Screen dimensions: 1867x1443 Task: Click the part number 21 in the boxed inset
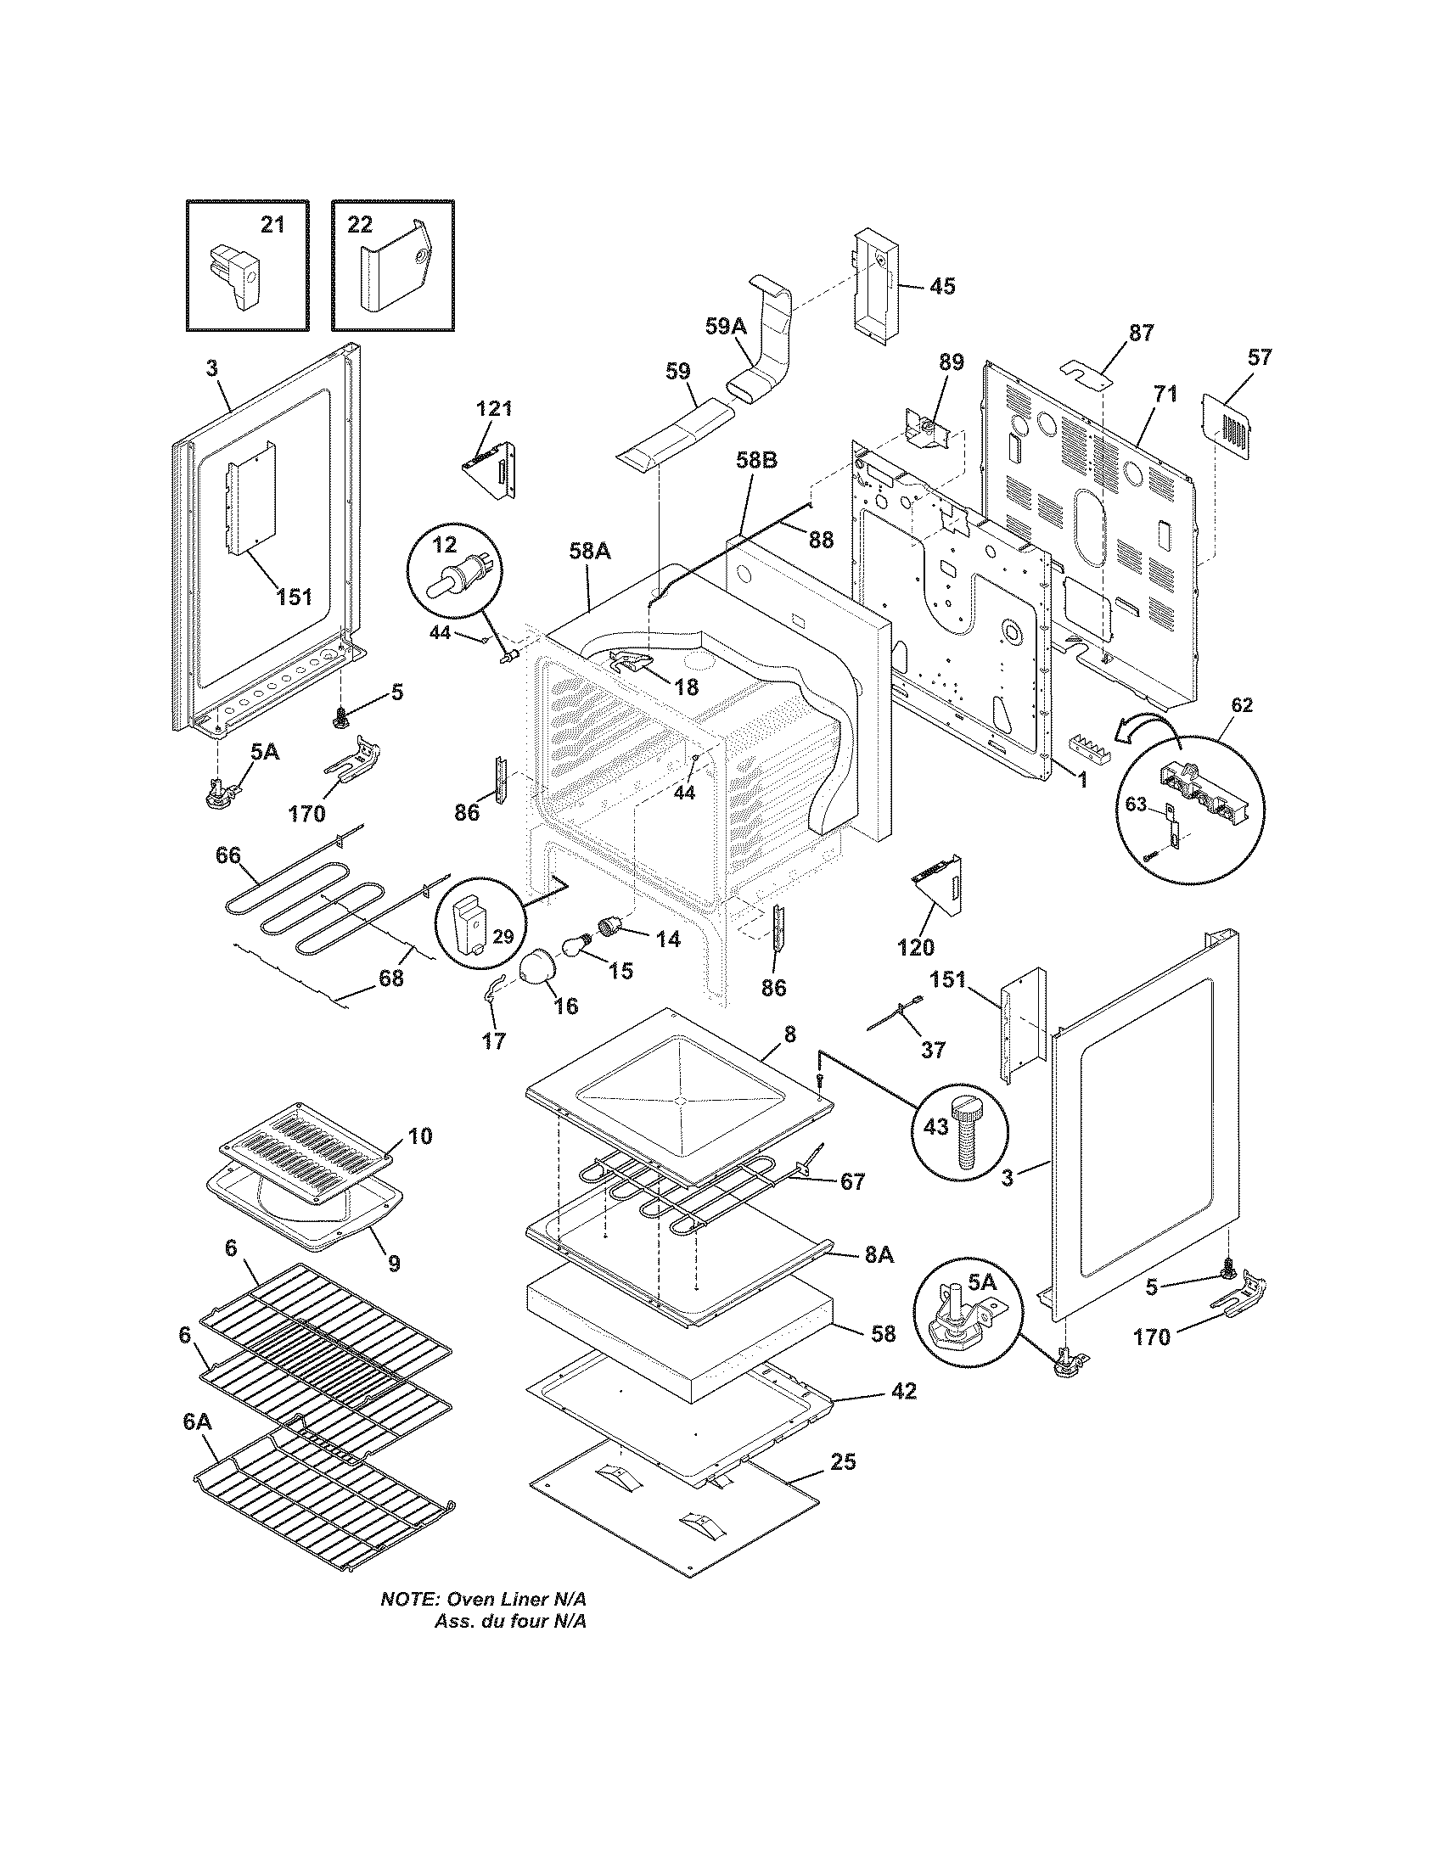(272, 225)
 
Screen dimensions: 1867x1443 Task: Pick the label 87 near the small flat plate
(1141, 333)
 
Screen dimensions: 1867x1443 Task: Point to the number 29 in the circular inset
(503, 936)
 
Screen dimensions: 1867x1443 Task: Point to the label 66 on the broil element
(227, 855)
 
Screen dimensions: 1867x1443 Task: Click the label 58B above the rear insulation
(756, 460)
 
